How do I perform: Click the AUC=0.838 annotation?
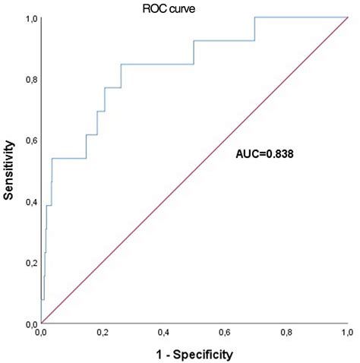(263, 153)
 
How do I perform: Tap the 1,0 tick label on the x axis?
(347, 333)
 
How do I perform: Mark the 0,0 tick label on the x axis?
(42, 333)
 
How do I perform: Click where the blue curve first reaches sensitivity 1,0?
(255, 17)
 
